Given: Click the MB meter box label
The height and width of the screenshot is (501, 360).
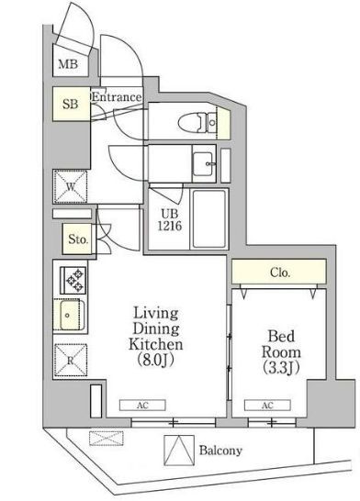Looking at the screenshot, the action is click(68, 64).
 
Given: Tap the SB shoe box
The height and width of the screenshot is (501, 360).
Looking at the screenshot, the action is click(71, 104).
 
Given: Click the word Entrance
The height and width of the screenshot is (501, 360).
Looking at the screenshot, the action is click(117, 97).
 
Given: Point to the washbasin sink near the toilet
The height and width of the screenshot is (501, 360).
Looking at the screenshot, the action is click(203, 163).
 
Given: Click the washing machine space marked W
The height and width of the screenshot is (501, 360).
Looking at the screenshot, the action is click(71, 187).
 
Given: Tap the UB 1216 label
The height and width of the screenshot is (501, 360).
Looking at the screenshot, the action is click(170, 220).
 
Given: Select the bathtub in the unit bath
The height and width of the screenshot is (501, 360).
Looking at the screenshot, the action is click(209, 218).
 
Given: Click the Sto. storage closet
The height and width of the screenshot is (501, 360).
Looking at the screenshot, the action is click(78, 239).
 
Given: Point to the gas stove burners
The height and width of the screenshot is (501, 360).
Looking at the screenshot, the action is click(73, 280).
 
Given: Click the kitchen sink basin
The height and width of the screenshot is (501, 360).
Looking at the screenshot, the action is click(69, 315).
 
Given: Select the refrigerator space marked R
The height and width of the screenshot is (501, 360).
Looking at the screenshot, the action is click(71, 360).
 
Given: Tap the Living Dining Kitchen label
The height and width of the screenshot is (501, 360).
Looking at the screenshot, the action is click(156, 337).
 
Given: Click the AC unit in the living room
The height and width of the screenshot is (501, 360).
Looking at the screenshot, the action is click(142, 406).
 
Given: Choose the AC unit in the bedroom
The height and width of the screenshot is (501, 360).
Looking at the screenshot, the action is click(267, 406).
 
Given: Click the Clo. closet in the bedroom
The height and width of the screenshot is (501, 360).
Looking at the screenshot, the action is click(279, 272).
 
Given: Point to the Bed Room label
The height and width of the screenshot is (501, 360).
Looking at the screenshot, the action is click(281, 351).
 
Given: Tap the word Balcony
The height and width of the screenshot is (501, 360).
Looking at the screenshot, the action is click(220, 451).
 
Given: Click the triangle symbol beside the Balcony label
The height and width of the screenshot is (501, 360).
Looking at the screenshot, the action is click(179, 451).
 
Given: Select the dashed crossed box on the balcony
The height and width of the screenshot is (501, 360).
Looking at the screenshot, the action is click(107, 438).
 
